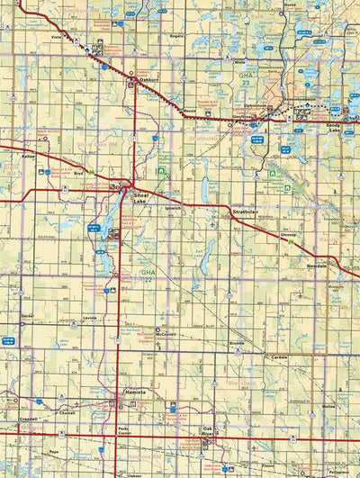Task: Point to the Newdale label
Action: point(316,267)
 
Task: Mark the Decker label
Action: point(28,316)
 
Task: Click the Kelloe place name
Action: point(28,156)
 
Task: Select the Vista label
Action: point(55,37)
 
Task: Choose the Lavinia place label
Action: point(88,319)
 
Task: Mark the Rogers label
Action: point(175,37)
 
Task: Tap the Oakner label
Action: point(135,474)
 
